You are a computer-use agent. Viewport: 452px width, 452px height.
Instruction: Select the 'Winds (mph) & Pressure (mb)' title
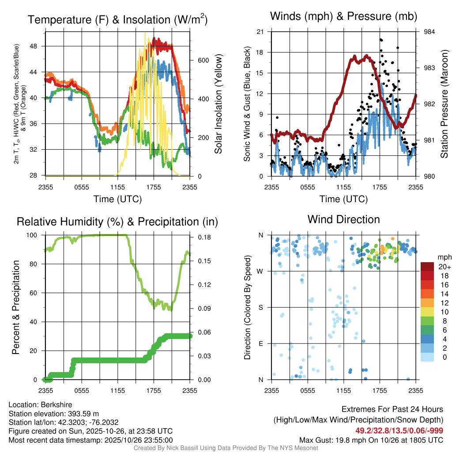[x=343, y=16]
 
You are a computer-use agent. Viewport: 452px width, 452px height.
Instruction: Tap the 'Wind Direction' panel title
[x=343, y=219]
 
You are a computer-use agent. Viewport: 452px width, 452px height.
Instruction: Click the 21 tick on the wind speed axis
[x=260, y=32]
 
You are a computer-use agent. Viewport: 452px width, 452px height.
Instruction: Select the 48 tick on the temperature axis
[x=34, y=46]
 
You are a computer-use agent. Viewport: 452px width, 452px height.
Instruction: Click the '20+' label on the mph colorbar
[x=444, y=267]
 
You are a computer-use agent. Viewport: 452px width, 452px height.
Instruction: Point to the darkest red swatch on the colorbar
[x=427, y=267]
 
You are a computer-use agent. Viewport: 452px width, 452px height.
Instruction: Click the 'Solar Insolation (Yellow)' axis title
[x=218, y=104]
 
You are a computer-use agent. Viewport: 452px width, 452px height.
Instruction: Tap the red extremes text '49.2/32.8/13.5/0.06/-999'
[x=399, y=431]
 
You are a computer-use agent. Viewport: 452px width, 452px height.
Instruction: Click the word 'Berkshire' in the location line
[x=56, y=405]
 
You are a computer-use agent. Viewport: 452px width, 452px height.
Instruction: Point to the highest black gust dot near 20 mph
[x=380, y=40]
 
